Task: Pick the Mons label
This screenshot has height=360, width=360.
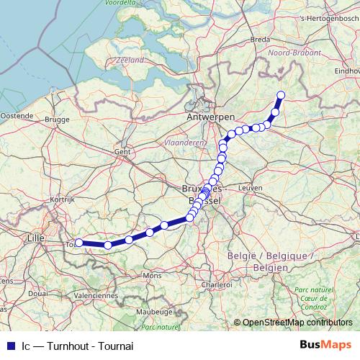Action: (152, 276)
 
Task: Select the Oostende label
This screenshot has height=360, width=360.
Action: (16, 115)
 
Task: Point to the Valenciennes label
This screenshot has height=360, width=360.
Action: (95, 294)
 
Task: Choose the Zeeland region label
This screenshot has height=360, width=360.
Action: (130, 61)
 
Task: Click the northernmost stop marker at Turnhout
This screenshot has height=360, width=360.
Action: (281, 95)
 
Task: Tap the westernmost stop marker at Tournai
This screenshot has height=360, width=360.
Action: (78, 243)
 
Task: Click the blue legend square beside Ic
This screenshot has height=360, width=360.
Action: (9, 345)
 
